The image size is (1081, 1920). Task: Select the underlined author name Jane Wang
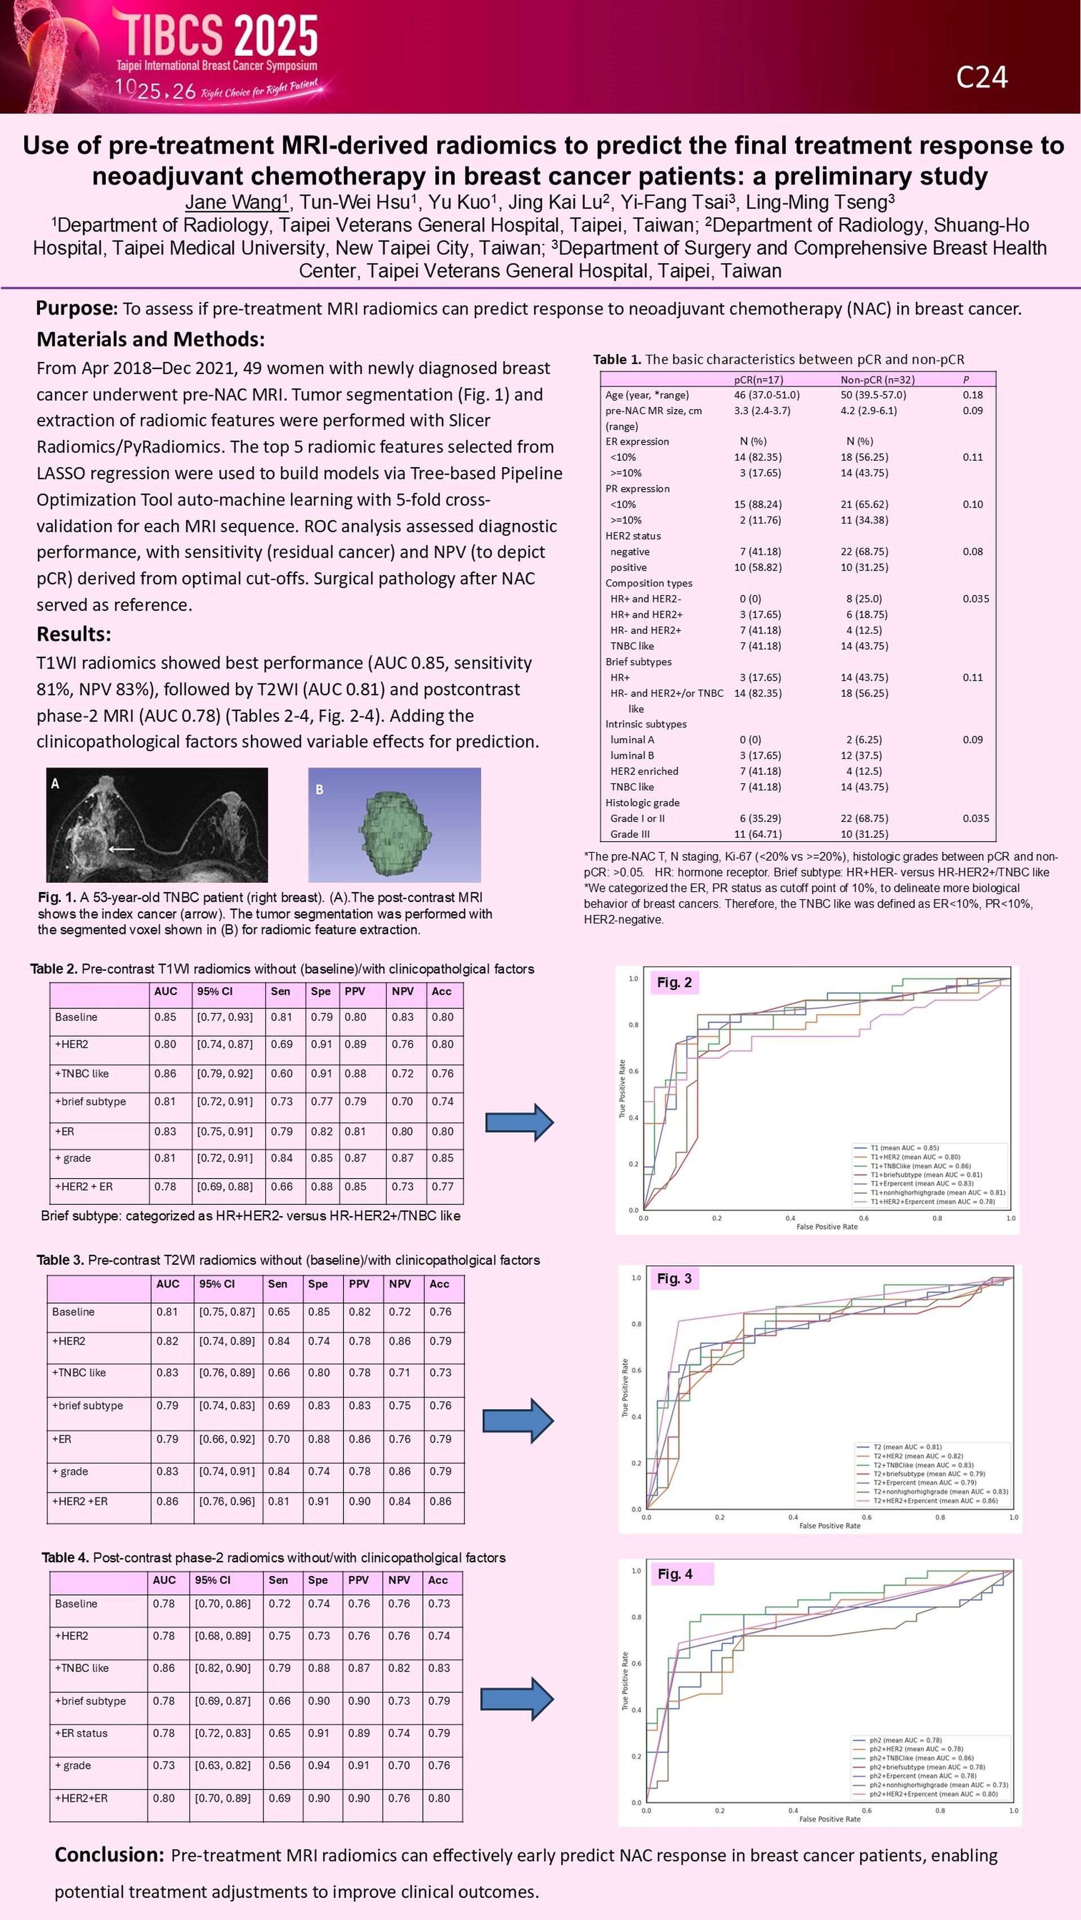pos(233,202)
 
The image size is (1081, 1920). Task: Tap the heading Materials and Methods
pos(150,339)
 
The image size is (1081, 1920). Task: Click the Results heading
pos(74,634)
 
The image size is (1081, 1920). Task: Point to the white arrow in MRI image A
pos(122,848)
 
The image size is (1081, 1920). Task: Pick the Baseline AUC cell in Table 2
pos(166,1017)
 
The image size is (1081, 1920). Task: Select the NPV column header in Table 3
pos(400,1283)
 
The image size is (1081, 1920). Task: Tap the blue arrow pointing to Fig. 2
pos(519,1122)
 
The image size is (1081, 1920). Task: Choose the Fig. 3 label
pos(674,1278)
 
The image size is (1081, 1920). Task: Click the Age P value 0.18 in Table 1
pos(972,395)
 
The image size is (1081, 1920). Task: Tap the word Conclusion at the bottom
pos(109,1855)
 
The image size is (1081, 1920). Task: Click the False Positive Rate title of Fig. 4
pos(829,1819)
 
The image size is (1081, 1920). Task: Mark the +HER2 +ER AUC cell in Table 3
pos(168,1501)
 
